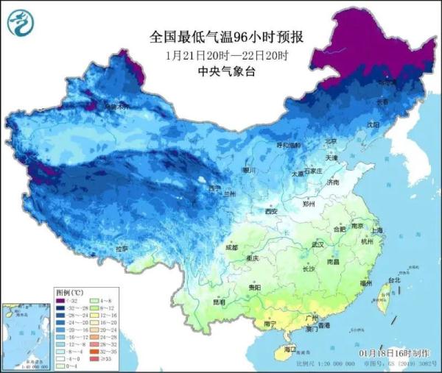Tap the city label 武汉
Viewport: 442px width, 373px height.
318,244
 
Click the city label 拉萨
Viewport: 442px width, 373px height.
121,249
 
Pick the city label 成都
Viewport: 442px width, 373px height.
232,247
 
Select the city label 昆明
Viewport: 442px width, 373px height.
219,302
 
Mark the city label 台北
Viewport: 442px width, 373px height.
393,280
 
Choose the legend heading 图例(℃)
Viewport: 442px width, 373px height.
71,292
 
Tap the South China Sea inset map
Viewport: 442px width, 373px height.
25,335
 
